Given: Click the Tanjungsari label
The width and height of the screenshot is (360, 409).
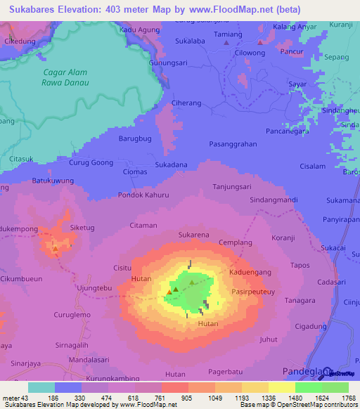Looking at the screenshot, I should coord(232,187).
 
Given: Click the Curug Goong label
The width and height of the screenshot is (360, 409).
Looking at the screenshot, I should coord(91,162).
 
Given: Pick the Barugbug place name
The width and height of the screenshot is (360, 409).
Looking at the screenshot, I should coord(134,139).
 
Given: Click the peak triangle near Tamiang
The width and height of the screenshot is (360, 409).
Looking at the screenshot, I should coord(226,43).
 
